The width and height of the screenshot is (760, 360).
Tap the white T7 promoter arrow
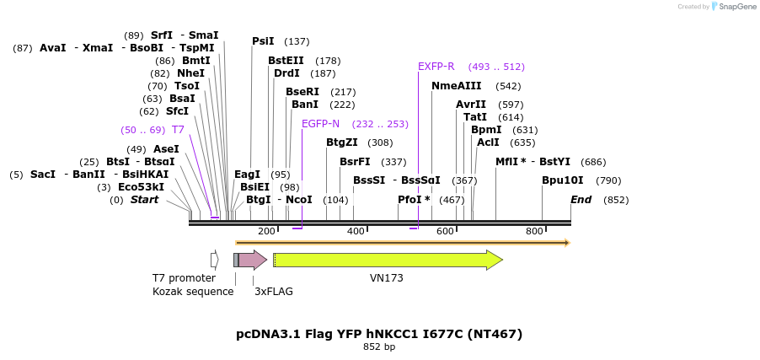tap(215, 260)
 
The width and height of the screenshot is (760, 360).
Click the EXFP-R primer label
tap(436, 67)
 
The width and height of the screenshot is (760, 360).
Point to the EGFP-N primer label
tap(320, 124)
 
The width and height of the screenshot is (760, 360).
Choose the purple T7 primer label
tap(178, 130)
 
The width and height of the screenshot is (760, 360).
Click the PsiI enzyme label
tap(263, 41)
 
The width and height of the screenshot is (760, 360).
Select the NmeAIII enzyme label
tap(456, 86)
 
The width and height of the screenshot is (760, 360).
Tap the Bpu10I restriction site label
tap(562, 180)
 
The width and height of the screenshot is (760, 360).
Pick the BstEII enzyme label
tap(286, 61)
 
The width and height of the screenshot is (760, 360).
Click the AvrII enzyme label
tap(471, 105)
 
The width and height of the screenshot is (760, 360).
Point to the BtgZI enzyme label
tap(341, 142)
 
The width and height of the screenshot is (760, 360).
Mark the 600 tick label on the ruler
tap(445, 231)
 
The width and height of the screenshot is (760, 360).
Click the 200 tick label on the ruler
tap(266, 231)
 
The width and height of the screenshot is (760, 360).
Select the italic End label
tap(581, 200)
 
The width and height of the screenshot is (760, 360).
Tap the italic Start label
tap(144, 200)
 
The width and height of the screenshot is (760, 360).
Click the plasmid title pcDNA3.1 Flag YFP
tap(379, 334)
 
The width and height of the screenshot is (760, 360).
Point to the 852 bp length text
tap(379, 347)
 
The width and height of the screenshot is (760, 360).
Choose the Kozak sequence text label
tap(193, 292)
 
